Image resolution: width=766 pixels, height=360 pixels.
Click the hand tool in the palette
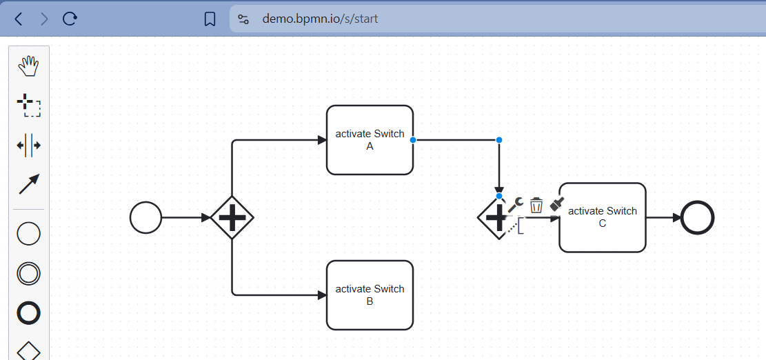28,67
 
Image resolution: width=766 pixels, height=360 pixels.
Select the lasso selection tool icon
28,106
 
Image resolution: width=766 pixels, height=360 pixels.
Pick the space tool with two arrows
28,145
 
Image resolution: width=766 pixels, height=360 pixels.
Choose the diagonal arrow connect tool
28,184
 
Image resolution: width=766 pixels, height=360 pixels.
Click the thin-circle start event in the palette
28,234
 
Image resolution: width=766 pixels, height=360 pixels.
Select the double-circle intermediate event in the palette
28,273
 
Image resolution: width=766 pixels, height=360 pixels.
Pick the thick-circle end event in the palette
28,313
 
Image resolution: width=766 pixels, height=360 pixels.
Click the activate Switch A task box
370,140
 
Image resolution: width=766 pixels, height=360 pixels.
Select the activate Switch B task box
370,294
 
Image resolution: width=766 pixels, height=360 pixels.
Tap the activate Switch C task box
602,217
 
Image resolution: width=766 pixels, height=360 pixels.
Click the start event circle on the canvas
145,218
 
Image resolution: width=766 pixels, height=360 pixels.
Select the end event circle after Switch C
697,218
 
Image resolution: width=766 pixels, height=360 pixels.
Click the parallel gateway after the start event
232,218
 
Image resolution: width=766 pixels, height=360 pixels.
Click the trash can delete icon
536,205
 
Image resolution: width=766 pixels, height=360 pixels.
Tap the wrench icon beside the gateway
516,204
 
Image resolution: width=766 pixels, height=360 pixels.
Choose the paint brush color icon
557,204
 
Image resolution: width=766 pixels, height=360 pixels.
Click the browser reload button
70,19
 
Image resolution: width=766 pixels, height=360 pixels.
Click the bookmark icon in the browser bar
210,19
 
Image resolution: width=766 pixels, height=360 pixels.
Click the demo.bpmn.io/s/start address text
320,19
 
